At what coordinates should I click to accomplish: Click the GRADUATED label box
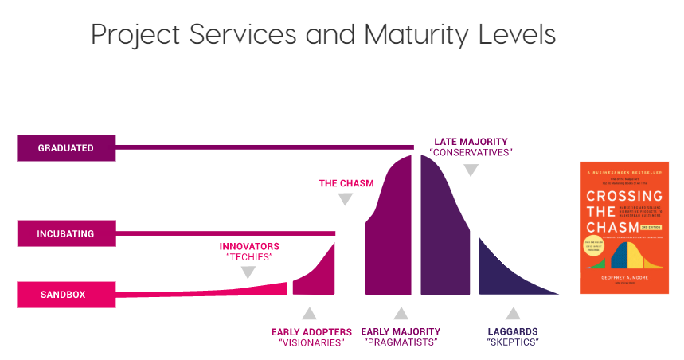(x=66, y=148)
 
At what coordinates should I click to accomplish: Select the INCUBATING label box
(x=66, y=234)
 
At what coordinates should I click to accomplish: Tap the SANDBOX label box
(x=66, y=295)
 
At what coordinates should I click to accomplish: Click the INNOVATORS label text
(x=248, y=246)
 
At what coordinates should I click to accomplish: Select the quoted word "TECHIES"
(x=248, y=258)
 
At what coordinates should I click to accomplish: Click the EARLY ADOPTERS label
(x=311, y=331)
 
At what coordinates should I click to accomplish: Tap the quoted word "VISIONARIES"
(x=311, y=343)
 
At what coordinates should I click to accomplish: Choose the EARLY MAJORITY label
(x=401, y=331)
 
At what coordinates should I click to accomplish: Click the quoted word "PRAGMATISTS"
(x=401, y=343)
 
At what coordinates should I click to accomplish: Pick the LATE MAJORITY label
(x=471, y=141)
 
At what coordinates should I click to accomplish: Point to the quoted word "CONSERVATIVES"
(x=471, y=152)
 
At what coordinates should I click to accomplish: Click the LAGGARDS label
(x=513, y=331)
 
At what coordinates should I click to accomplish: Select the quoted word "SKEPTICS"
(x=513, y=343)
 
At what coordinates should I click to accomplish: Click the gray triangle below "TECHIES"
(x=248, y=272)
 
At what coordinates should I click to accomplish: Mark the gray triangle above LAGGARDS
(x=513, y=313)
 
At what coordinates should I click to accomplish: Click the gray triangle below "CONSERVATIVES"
(x=471, y=169)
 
